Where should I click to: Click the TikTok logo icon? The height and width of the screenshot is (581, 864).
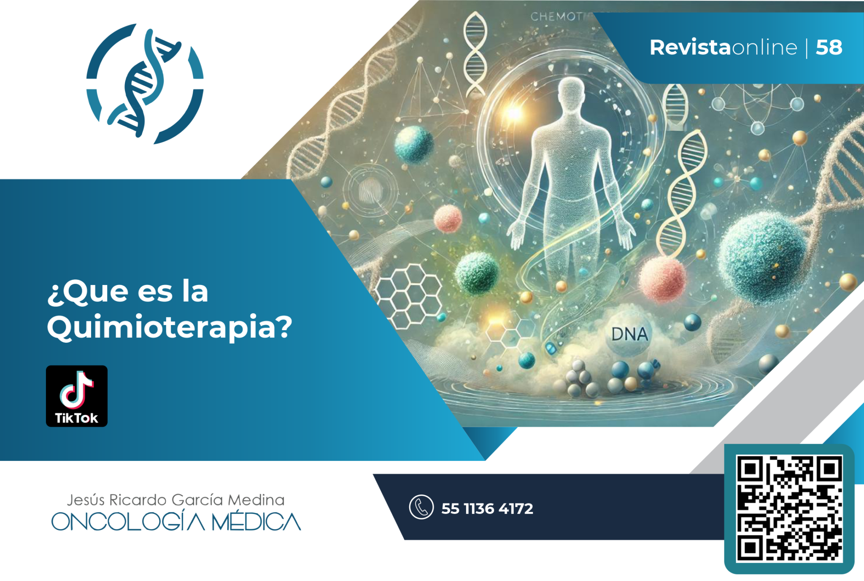(x=76, y=395)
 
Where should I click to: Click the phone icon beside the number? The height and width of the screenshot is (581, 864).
(x=421, y=506)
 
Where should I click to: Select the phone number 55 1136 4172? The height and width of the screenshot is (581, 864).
(x=487, y=508)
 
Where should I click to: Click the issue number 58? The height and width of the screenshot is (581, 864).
(x=829, y=47)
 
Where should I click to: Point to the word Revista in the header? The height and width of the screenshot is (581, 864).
(x=690, y=47)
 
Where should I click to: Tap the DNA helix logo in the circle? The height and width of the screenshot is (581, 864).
(x=145, y=83)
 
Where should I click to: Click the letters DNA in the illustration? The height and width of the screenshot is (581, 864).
(x=629, y=334)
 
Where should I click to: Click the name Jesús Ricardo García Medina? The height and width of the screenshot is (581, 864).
(x=175, y=500)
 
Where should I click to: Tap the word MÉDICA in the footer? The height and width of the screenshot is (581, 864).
(x=256, y=522)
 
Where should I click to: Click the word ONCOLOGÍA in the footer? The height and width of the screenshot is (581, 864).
(x=128, y=522)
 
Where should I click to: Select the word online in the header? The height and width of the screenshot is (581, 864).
(x=764, y=47)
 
